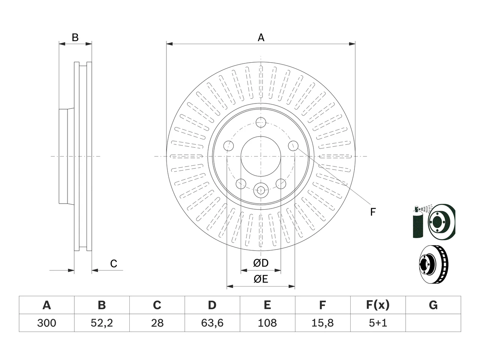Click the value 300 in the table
[46, 323]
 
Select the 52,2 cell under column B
[102, 323]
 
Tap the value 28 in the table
[157, 323]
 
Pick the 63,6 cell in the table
[212, 323]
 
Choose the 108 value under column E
[267, 323]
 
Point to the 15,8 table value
[322, 323]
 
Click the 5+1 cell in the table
[378, 323]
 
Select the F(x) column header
[378, 305]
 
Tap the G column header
[433, 305]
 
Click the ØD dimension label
[261, 263]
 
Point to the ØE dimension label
[261, 279]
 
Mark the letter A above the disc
[261, 37]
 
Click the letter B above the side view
[75, 37]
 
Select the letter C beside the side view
[114, 264]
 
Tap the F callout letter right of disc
[373, 212]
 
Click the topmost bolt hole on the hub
[261, 122]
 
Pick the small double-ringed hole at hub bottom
[261, 190]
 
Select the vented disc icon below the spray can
[433, 264]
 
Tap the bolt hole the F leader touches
[293, 146]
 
